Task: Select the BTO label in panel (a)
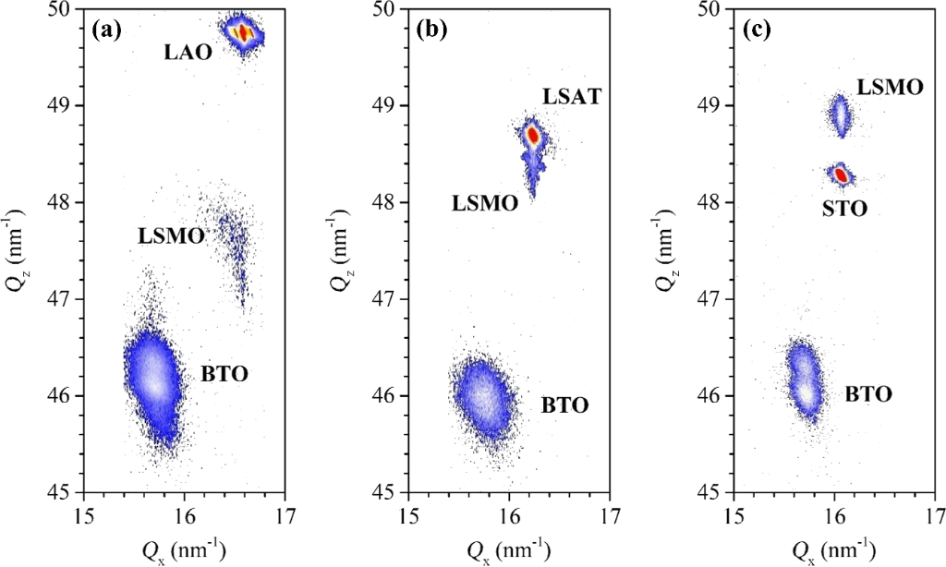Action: tap(224, 374)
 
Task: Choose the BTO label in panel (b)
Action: tap(564, 404)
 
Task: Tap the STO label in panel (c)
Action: tap(844, 208)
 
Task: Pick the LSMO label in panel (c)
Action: tap(890, 88)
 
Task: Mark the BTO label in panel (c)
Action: tap(868, 395)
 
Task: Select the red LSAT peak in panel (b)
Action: tap(532, 136)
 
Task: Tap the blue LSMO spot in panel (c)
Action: tap(840, 116)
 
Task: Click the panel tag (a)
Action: tap(107, 29)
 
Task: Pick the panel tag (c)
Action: tap(757, 29)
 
